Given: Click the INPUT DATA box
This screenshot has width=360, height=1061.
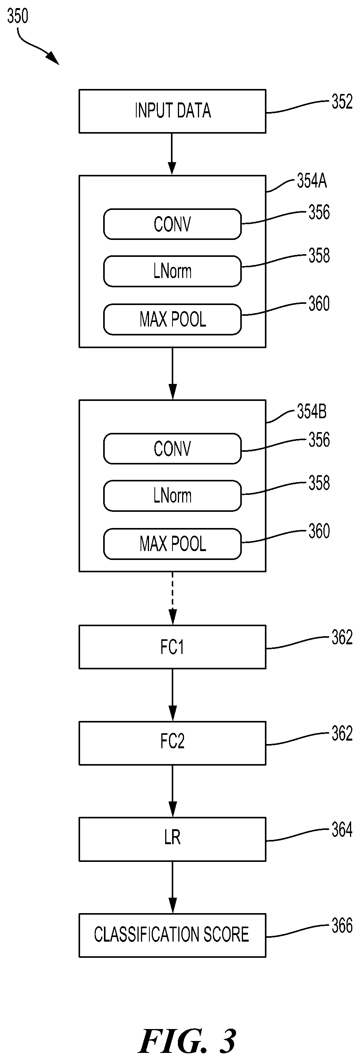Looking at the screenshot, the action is pos(172,111).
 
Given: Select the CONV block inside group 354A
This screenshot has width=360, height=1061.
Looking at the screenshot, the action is pos(172,224).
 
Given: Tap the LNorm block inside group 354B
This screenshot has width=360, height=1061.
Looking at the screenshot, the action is pos(172,496).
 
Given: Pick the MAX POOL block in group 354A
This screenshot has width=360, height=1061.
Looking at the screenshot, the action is pos(172,319).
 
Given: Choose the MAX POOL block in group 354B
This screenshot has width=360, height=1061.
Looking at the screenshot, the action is pos(172,544).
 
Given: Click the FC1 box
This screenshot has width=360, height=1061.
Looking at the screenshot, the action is pos(172,647).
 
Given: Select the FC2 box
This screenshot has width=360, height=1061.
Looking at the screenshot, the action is pos(172,743).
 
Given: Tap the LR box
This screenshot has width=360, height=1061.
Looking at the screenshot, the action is pos(172,839).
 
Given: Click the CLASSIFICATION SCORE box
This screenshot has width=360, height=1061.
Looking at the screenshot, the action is pos(172,935).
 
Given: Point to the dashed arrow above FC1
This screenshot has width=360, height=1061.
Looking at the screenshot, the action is pos(172,598).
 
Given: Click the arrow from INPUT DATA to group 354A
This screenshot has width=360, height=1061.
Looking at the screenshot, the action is pos(172,154).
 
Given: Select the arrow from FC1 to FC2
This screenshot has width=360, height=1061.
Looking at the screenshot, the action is pos(172,695).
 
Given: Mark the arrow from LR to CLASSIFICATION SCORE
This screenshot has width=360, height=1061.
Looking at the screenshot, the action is pos(172,887).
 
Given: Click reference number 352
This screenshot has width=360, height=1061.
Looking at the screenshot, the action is pos(342,102).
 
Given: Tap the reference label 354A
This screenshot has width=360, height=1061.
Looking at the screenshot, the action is pos(312,181).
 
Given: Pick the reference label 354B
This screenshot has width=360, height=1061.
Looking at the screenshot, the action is pos(312,411).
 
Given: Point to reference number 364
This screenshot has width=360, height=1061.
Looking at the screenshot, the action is pos(342,830).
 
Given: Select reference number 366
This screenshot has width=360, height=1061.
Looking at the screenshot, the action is pos(342,925).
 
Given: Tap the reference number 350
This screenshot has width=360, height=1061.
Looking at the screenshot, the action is pos(18,16).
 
